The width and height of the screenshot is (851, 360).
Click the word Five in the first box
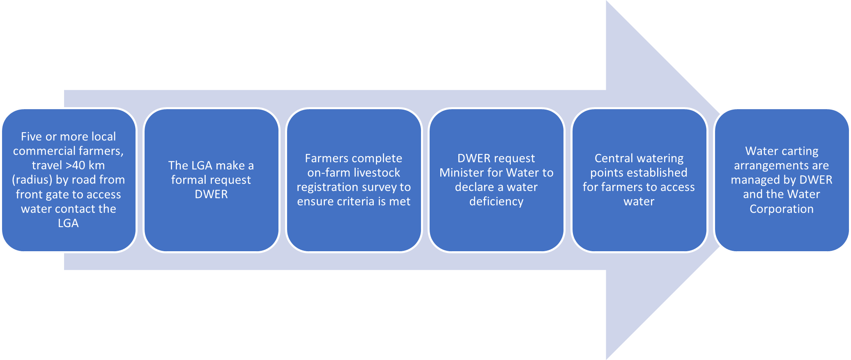31,137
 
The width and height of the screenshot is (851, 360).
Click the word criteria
354,202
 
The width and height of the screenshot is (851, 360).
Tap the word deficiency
496,202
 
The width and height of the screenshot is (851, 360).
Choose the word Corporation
782,209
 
